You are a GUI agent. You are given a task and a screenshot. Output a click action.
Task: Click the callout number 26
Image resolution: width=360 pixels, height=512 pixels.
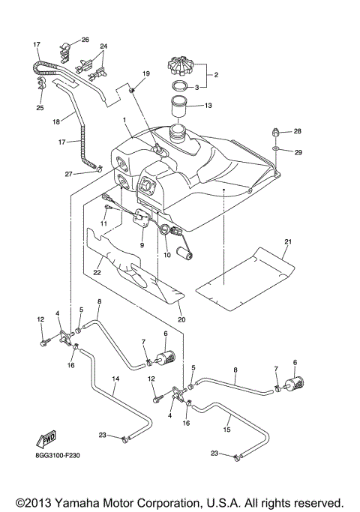pyautogui.click(x=85, y=39)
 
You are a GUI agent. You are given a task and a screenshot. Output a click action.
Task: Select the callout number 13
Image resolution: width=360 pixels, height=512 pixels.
pyautogui.click(x=208, y=106)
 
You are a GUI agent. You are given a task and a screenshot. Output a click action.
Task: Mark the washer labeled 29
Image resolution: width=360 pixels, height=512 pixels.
pyautogui.click(x=276, y=150)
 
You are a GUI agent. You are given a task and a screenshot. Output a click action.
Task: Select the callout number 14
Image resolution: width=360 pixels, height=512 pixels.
pyautogui.click(x=115, y=379)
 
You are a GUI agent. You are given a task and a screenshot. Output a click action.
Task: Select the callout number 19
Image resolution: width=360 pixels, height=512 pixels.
pyautogui.click(x=145, y=73)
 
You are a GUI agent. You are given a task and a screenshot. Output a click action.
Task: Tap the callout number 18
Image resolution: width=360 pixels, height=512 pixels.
pyautogui.click(x=55, y=121)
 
